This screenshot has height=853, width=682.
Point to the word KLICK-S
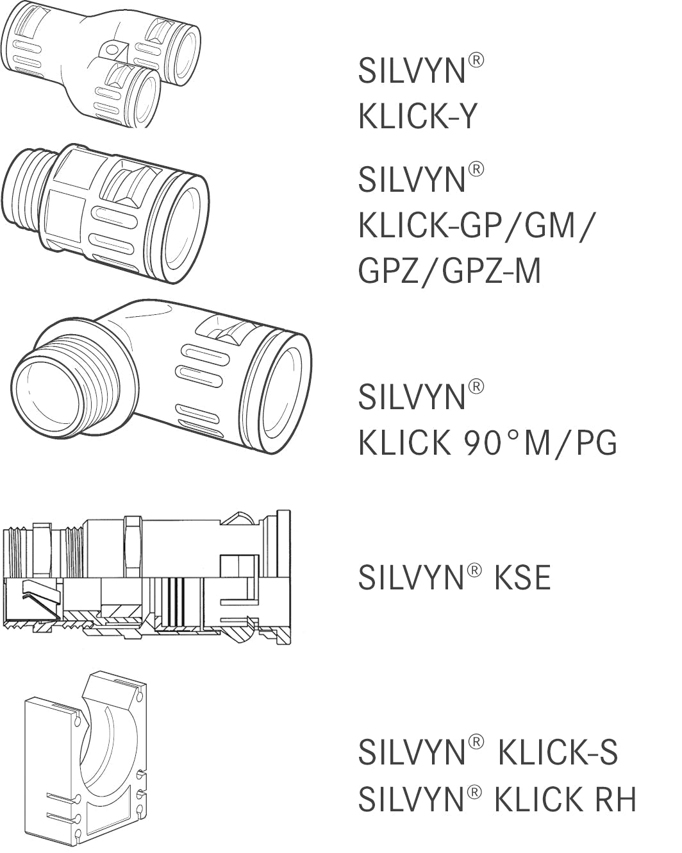[558, 752]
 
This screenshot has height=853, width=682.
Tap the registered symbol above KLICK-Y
[475, 62]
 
